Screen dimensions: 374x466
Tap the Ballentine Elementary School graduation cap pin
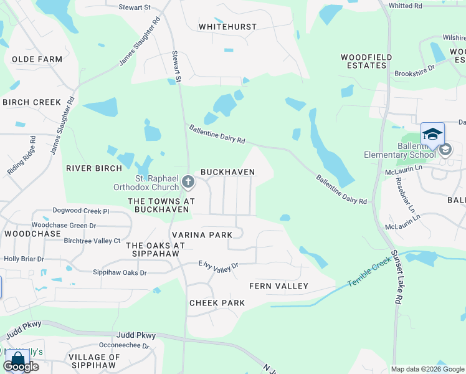(x=432, y=134)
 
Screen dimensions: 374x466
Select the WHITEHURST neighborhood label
(x=227, y=27)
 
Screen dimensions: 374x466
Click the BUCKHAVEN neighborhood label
(x=227, y=172)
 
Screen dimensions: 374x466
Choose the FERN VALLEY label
(x=278, y=286)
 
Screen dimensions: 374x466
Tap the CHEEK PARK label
(x=217, y=303)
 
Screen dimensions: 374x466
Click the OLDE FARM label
(x=37, y=59)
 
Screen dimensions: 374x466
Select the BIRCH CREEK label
(x=32, y=102)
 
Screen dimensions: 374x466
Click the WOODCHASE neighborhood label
(x=32, y=234)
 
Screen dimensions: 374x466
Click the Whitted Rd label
(x=422, y=6)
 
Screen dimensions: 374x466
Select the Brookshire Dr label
(x=414, y=70)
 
